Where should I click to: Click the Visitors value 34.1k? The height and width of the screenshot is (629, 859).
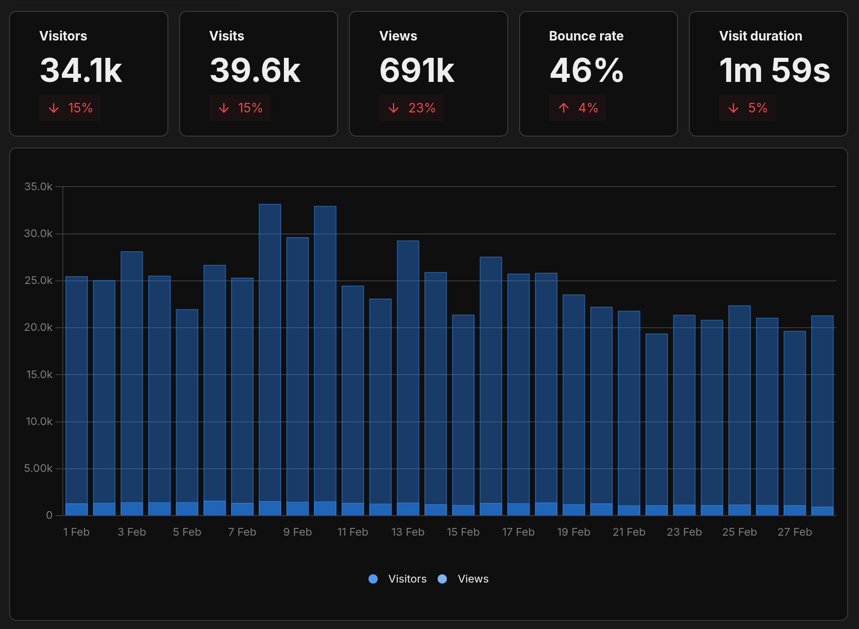click(81, 71)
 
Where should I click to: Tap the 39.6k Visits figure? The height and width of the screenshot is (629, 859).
click(255, 71)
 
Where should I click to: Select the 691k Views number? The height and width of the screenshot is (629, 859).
click(417, 71)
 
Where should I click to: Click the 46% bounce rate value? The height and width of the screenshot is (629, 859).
click(586, 71)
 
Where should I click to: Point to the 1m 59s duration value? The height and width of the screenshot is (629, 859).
click(774, 71)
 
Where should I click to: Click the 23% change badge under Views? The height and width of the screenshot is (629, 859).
click(411, 108)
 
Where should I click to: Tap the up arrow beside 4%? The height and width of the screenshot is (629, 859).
click(564, 108)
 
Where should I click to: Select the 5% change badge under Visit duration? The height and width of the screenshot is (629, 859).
click(747, 108)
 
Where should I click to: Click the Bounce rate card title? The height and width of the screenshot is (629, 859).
click(586, 36)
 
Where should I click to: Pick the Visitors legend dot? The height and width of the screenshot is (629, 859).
click(373, 579)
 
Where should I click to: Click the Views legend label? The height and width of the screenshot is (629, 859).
click(473, 579)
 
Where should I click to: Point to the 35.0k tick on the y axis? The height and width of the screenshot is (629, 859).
click(38, 187)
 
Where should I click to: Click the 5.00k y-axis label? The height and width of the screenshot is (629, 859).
click(38, 468)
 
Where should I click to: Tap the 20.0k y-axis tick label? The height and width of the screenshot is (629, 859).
click(38, 327)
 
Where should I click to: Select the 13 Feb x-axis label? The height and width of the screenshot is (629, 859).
click(408, 532)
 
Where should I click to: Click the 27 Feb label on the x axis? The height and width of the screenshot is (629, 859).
click(794, 532)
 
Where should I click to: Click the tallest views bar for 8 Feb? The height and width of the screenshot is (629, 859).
click(270, 350)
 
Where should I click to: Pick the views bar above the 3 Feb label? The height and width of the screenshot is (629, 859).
click(132, 378)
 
